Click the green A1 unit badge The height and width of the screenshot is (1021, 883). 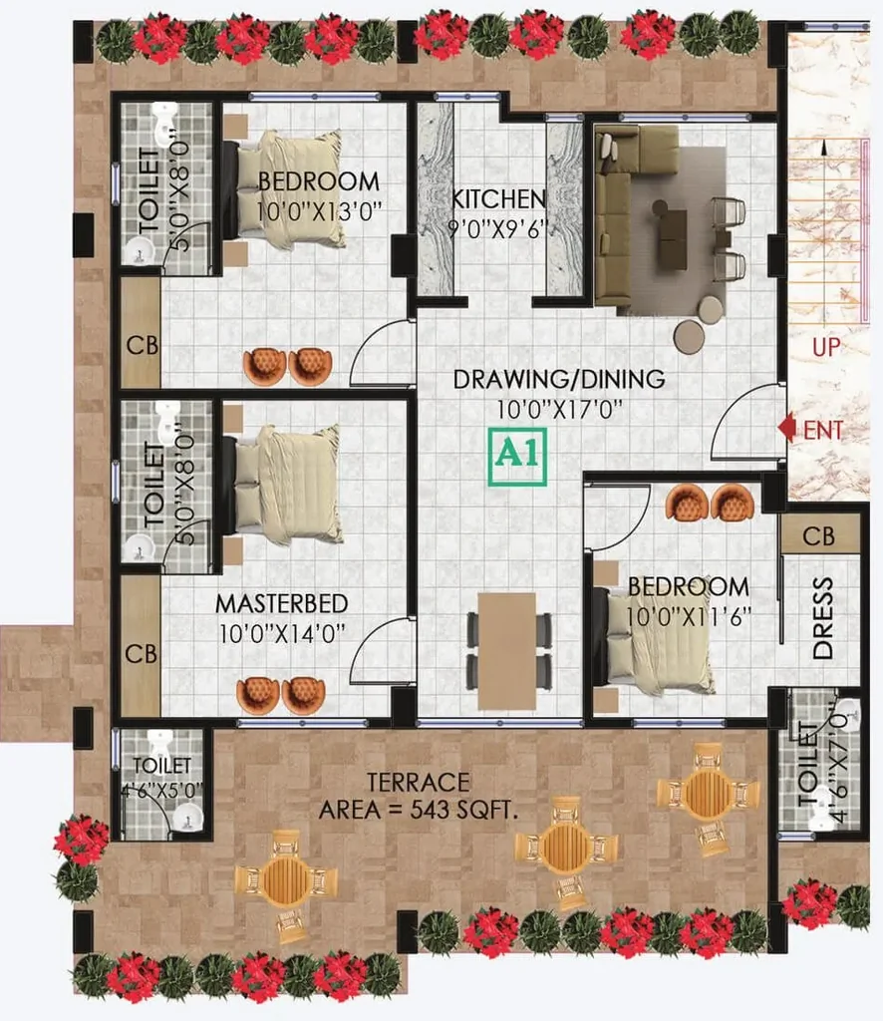click(x=517, y=457)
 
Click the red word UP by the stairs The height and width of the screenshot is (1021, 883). click(x=826, y=347)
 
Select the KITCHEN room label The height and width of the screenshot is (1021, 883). click(x=499, y=199)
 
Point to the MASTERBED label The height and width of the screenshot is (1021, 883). click(x=282, y=603)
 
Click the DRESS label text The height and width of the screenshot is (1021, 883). click(x=823, y=618)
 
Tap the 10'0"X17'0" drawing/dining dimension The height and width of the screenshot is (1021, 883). click(x=560, y=410)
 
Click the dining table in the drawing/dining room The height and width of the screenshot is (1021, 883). click(x=507, y=650)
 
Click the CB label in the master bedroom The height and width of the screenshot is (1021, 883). click(x=142, y=654)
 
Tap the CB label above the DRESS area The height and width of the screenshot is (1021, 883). click(x=818, y=536)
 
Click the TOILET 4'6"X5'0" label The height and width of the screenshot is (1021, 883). click(x=161, y=777)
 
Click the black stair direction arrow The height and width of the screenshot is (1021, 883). click(x=824, y=148)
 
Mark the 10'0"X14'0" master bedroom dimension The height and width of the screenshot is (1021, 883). click(x=282, y=633)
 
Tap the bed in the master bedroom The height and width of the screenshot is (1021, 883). click(x=282, y=485)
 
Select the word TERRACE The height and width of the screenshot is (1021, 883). click(x=419, y=782)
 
